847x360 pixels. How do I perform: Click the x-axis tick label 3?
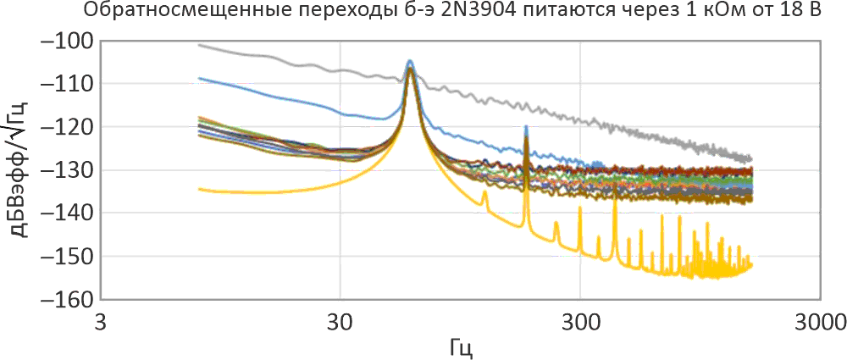point(101,322)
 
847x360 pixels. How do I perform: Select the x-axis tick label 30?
point(340,322)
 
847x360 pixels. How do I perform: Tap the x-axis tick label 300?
point(579,322)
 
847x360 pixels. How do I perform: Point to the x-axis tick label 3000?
point(818,322)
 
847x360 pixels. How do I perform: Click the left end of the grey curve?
point(198,45)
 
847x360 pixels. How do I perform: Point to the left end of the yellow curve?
point(198,189)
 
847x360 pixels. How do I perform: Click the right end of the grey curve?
point(751,158)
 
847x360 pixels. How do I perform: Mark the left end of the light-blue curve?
point(198,78)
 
